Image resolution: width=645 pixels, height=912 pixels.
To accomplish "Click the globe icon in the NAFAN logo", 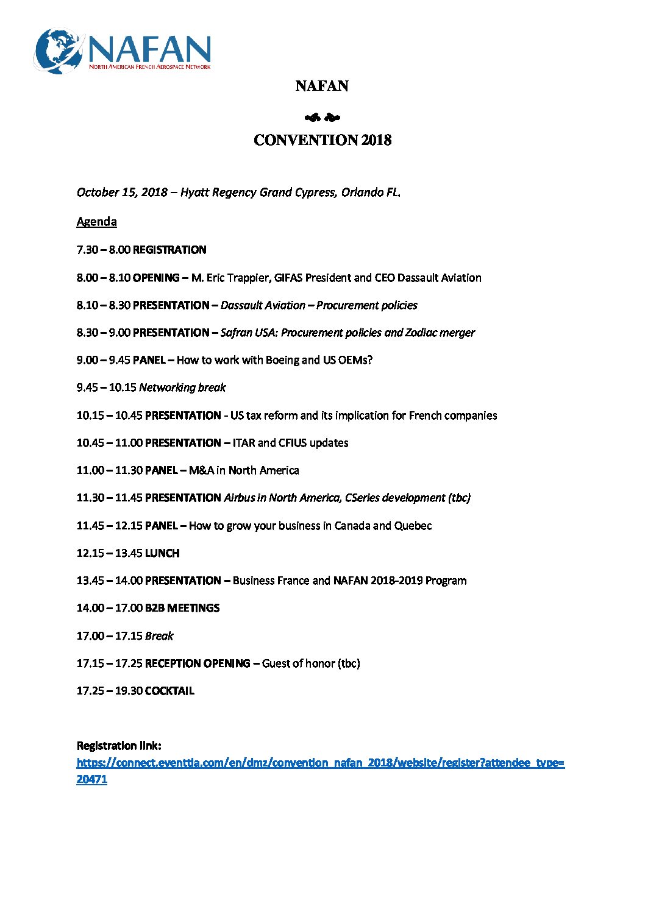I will click(x=59, y=51).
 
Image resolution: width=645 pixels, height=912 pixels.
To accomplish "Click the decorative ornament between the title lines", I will click(x=322, y=118).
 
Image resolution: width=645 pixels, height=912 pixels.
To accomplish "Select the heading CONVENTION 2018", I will click(x=322, y=140).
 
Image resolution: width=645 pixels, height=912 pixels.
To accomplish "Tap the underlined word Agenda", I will click(x=96, y=222).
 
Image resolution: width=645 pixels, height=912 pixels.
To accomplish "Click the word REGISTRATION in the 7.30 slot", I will click(x=169, y=250).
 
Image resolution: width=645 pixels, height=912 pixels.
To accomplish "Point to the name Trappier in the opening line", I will click(x=249, y=278).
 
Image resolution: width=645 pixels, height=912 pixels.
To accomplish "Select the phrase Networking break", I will click(x=182, y=387).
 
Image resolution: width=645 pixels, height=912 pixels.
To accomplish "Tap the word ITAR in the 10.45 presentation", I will click(x=244, y=443).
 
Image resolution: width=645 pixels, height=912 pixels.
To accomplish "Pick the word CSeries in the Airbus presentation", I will click(x=365, y=498).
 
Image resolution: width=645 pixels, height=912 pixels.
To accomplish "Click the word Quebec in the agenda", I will click(x=413, y=526).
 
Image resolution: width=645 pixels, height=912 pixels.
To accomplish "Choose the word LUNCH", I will click(x=162, y=553).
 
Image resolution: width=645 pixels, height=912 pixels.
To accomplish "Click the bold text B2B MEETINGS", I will click(x=182, y=608).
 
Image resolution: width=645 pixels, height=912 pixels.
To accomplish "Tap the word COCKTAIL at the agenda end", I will click(x=169, y=691).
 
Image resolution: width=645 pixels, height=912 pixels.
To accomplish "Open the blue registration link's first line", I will click(x=320, y=763).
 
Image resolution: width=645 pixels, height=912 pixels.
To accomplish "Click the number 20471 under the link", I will click(x=91, y=779).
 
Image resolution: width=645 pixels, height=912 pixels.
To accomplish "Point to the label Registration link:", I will click(x=119, y=746).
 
